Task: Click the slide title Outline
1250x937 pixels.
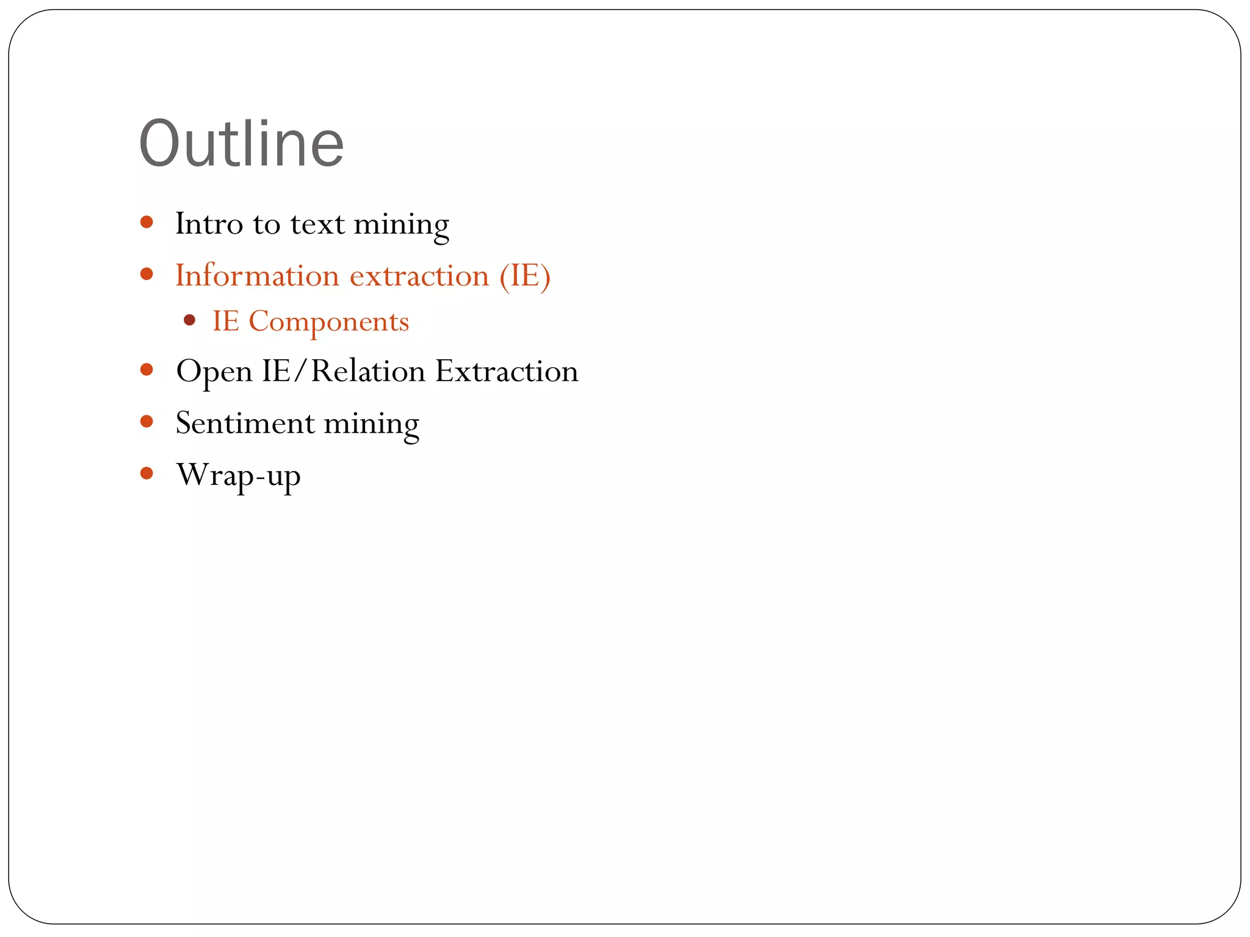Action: click(x=242, y=144)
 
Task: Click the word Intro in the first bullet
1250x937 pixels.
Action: click(x=209, y=223)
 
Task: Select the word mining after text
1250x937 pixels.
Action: click(x=401, y=224)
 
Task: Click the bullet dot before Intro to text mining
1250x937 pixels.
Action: click(x=146, y=221)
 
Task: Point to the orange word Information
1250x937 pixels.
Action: click(x=257, y=275)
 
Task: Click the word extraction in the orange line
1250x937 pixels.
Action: click(x=419, y=276)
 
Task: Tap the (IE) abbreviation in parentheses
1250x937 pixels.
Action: click(x=525, y=276)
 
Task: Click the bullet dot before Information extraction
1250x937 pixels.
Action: click(x=146, y=274)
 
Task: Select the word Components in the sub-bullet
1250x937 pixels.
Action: click(x=328, y=321)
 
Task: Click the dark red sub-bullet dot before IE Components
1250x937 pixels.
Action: click(x=189, y=320)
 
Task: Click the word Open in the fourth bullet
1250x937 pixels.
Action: click(x=214, y=372)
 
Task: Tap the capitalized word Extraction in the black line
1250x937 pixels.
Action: click(x=507, y=371)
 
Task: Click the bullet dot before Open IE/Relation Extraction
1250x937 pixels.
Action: click(x=146, y=370)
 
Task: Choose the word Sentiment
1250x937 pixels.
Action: click(x=245, y=423)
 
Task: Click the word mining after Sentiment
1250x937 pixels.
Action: click(x=371, y=423)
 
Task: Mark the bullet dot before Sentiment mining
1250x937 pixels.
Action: click(x=146, y=421)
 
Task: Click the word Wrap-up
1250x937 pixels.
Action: click(x=238, y=475)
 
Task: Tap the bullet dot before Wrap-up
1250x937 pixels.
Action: click(x=146, y=473)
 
